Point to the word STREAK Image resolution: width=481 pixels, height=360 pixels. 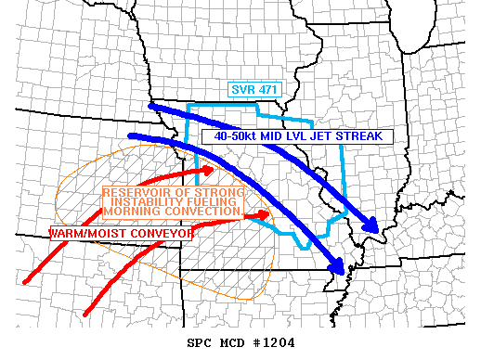pyautogui.click(x=360, y=135)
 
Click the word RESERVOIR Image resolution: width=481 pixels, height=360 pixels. pyautogui.click(x=136, y=192)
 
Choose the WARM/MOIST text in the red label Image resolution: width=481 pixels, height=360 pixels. pyautogui.click(x=83, y=234)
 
